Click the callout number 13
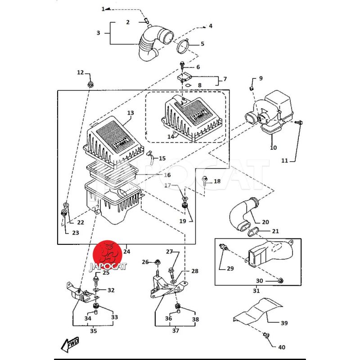[130, 112]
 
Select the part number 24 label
[127, 251]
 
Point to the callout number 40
[282, 347]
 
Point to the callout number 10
[274, 147]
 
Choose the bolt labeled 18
[205, 181]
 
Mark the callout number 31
[256, 291]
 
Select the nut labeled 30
[279, 281]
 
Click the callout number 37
[175, 331]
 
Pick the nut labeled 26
[157, 262]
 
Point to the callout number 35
[93, 331]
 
